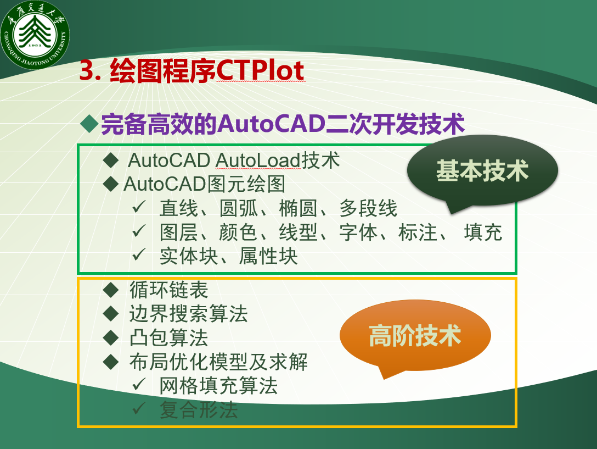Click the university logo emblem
(35, 35)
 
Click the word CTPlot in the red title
(261, 70)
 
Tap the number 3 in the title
(87, 70)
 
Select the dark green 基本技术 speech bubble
(482, 171)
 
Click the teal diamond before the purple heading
(90, 124)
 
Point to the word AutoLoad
(258, 160)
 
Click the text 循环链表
(168, 290)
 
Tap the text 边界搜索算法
(188, 314)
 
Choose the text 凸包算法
(168, 337)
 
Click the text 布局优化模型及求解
(218, 362)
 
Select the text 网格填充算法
(218, 386)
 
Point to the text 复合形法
(199, 410)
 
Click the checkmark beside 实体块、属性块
(139, 254)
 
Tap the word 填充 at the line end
(483, 232)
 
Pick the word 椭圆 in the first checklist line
(298, 208)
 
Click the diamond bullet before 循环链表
(111, 290)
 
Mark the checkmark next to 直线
(139, 207)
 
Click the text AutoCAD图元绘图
(205, 184)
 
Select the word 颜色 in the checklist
(238, 232)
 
